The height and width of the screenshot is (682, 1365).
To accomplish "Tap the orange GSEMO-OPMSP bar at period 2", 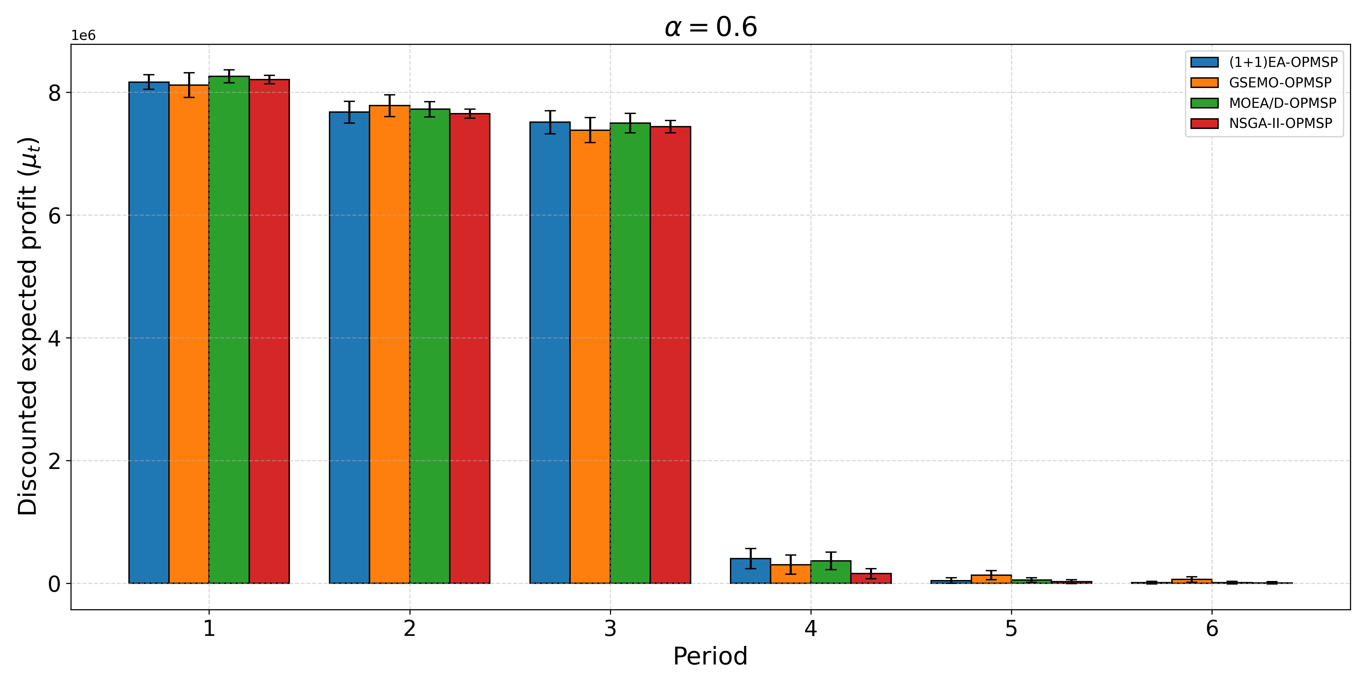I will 389,344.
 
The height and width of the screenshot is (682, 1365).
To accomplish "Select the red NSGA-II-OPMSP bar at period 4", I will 871,578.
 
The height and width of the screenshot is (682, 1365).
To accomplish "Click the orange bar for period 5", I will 991,579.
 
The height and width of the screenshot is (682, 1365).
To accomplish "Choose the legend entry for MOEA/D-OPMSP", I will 1282,103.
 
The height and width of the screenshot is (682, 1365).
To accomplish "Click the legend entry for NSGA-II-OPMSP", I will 1280,123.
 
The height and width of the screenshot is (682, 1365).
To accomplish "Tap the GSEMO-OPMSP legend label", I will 1280,82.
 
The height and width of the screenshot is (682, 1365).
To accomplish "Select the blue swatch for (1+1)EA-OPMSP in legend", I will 1204,62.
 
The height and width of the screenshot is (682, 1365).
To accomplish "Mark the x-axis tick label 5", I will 1011,628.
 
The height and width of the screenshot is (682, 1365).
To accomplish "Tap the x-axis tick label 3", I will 610,628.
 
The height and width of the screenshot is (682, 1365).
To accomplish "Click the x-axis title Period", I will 710,657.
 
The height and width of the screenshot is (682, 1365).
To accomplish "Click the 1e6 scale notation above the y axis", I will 83,35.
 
